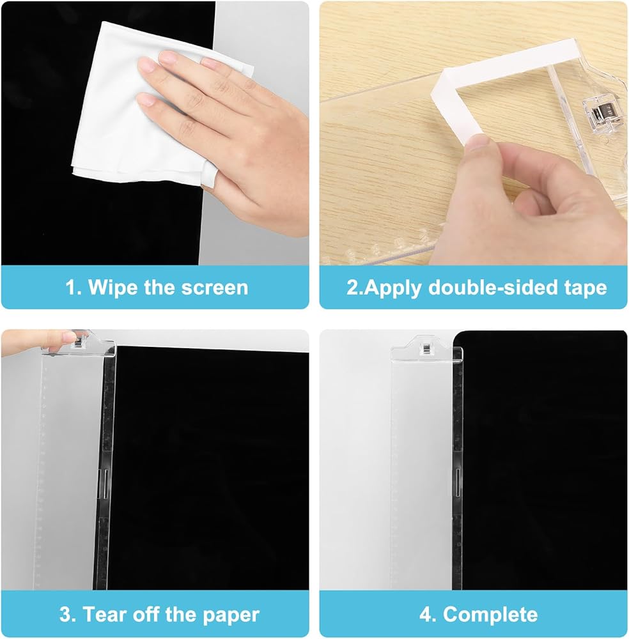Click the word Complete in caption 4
click(x=490, y=615)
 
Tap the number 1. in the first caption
click(x=74, y=288)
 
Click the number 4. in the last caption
click(x=428, y=615)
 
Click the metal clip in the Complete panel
click(x=426, y=349)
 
